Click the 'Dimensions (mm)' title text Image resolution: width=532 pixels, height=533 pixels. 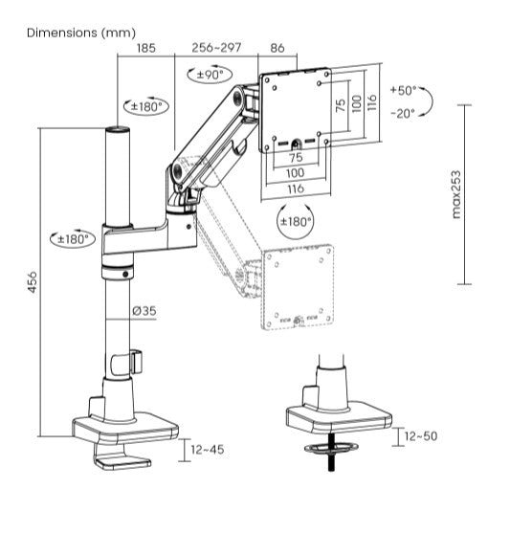pyautogui.click(x=80, y=33)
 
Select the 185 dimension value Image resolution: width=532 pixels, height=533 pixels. pyautogui.click(x=146, y=47)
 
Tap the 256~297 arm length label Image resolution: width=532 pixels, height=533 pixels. pyautogui.click(x=216, y=47)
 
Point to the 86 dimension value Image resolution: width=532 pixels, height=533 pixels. pyautogui.click(x=277, y=47)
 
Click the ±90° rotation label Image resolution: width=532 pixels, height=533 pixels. pyautogui.click(x=210, y=74)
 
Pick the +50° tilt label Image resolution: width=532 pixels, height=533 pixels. pyautogui.click(x=403, y=90)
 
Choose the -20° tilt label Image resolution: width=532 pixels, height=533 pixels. pyautogui.click(x=403, y=112)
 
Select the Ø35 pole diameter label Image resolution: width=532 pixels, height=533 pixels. pyautogui.click(x=144, y=310)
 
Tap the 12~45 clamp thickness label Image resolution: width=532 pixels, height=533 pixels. pyautogui.click(x=207, y=449)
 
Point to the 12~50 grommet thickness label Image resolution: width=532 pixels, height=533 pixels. pyautogui.click(x=421, y=436)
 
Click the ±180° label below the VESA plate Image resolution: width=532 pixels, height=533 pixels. pyautogui.click(x=295, y=222)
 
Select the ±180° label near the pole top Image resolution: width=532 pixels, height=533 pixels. pyautogui.click(x=146, y=106)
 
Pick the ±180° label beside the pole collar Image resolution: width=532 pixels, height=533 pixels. pyautogui.click(x=72, y=238)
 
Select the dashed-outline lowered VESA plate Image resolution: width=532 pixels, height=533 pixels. pyautogui.click(x=300, y=286)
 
